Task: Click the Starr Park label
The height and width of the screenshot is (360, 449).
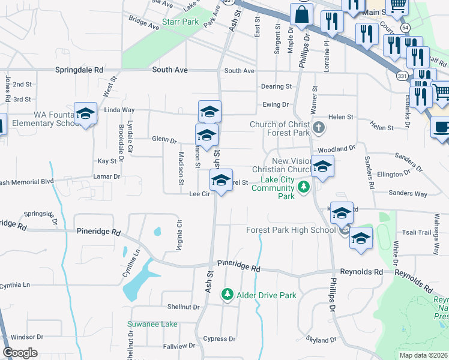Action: (180, 22)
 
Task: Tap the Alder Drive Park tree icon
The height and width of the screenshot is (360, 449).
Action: (227, 295)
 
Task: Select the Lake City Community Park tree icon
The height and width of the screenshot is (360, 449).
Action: (304, 187)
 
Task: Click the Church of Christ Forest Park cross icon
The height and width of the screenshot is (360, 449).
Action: (319, 127)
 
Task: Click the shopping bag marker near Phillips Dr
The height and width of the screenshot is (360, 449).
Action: (301, 15)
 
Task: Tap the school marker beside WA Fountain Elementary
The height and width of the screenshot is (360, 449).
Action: (86, 114)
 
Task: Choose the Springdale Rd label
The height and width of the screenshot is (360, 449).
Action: (79, 70)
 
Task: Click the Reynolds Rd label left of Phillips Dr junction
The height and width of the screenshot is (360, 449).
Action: (361, 272)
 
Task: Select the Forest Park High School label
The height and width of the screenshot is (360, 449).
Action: (291, 230)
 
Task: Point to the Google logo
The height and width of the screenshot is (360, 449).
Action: (20, 353)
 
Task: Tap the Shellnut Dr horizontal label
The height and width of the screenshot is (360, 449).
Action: (183, 307)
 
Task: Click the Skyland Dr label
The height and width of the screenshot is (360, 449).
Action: (320, 340)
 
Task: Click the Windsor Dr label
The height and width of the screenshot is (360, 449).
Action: (28, 337)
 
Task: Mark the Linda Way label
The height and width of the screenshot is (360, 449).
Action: (119, 110)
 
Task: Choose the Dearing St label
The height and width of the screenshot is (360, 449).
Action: (276, 86)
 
